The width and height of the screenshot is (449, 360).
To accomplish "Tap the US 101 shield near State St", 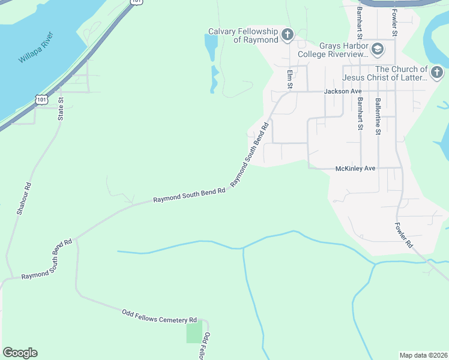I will pos(41,100).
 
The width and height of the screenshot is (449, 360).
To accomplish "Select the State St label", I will pos(61,109).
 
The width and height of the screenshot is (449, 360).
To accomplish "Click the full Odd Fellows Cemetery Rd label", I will pos(159,316).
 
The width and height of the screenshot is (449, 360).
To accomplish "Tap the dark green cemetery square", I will pos(194,332).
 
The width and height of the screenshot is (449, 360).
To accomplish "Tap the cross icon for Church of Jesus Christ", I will pos(436,73).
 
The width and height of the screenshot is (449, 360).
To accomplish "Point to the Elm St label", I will pos(289,79).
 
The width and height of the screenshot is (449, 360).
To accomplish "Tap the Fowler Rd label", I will pos(404,236).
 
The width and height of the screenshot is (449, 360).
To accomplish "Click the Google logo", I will pos(20,353).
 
